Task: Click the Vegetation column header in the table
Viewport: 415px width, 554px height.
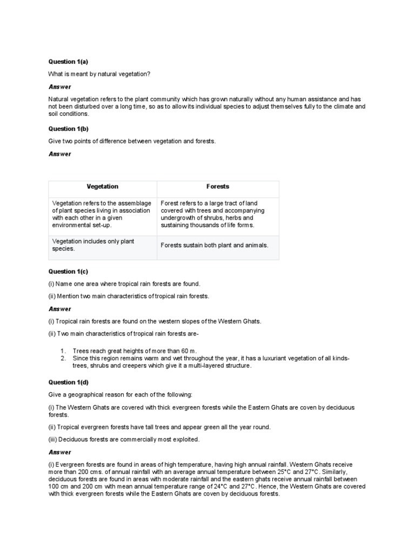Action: click(x=102, y=187)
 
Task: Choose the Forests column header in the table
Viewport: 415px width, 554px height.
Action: click(x=217, y=187)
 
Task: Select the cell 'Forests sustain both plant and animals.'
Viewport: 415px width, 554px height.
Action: click(x=215, y=245)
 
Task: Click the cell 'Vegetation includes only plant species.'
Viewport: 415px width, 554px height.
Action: click(x=93, y=245)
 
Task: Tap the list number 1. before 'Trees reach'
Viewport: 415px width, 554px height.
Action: click(x=63, y=351)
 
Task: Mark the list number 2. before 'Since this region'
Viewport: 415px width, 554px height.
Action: click(x=63, y=358)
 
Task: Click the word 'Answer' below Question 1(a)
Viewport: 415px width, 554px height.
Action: click(x=59, y=87)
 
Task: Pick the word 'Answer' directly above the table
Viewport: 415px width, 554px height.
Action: click(x=59, y=154)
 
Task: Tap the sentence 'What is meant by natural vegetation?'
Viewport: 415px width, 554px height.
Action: click(x=99, y=74)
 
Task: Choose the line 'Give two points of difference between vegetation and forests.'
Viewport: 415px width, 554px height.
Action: click(x=132, y=141)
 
